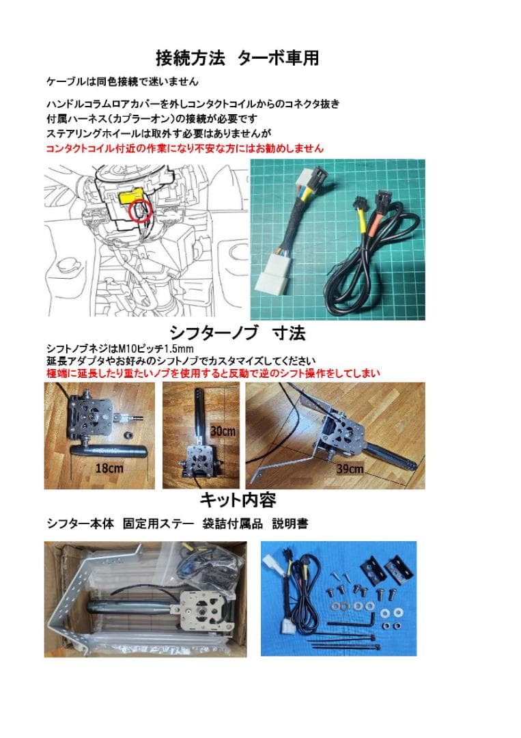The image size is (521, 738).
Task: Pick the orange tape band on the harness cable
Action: tap(374, 224)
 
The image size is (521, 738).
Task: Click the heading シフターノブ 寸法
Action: tap(237, 333)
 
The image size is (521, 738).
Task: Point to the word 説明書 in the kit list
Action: tap(290, 524)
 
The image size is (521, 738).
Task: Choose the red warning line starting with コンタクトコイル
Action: tap(184, 148)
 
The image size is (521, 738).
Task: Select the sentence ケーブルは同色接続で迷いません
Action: tap(122, 81)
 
